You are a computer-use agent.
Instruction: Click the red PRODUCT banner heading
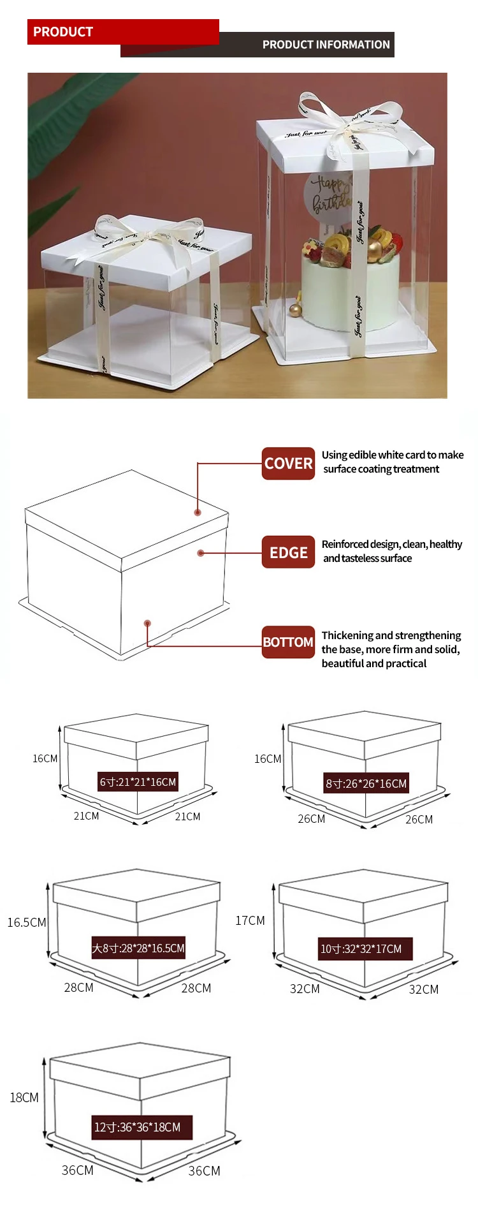63,32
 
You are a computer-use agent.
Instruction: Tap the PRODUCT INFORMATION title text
326,45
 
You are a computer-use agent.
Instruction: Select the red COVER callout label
288,464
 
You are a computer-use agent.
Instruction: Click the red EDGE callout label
288,552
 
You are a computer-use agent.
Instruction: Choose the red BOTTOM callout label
288,642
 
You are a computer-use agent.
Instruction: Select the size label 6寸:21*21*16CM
138,782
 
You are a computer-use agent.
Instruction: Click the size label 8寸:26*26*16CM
366,784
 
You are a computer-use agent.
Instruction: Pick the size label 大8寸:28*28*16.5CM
138,948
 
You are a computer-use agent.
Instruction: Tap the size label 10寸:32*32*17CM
361,949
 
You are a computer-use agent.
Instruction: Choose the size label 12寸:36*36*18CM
138,1127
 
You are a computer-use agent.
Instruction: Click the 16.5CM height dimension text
27,922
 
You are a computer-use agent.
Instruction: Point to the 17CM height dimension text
250,920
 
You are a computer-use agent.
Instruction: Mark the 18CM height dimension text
24,1098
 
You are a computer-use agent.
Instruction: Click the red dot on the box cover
198,513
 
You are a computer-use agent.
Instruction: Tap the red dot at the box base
147,623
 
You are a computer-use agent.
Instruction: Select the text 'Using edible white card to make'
393,455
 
